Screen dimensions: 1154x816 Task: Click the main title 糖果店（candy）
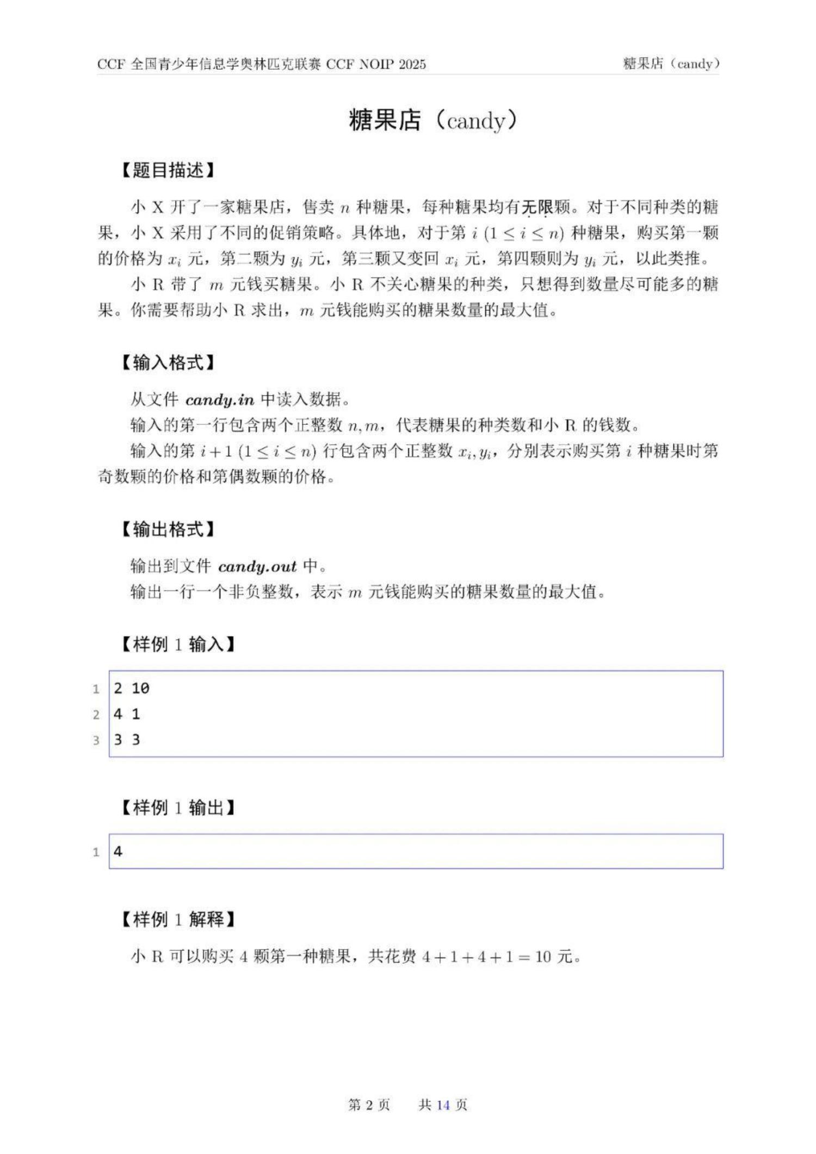click(x=432, y=120)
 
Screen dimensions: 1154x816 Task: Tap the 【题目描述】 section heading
click(x=168, y=170)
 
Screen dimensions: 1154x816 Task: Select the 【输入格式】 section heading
click(x=168, y=362)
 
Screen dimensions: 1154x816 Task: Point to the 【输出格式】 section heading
click(x=168, y=529)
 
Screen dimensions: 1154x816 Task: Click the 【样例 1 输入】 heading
click(x=177, y=645)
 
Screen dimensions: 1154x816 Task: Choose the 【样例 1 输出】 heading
click(x=177, y=808)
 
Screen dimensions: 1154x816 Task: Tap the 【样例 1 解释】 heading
click(x=177, y=920)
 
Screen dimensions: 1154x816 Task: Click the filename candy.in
click(x=220, y=400)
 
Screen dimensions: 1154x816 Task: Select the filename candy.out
click(x=257, y=567)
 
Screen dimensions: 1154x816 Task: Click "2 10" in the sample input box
click(x=132, y=689)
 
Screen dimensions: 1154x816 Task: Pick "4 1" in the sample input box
click(x=127, y=714)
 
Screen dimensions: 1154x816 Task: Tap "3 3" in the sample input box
click(x=127, y=740)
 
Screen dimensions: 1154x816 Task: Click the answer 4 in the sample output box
click(x=118, y=851)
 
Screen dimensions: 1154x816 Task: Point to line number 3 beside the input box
click(x=96, y=740)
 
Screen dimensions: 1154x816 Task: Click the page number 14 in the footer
click(x=443, y=1105)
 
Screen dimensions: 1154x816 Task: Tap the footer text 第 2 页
click(x=369, y=1105)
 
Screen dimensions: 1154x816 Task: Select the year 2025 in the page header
click(x=412, y=64)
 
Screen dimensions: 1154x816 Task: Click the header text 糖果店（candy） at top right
click(x=671, y=64)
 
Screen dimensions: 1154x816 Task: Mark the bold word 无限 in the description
click(x=537, y=207)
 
